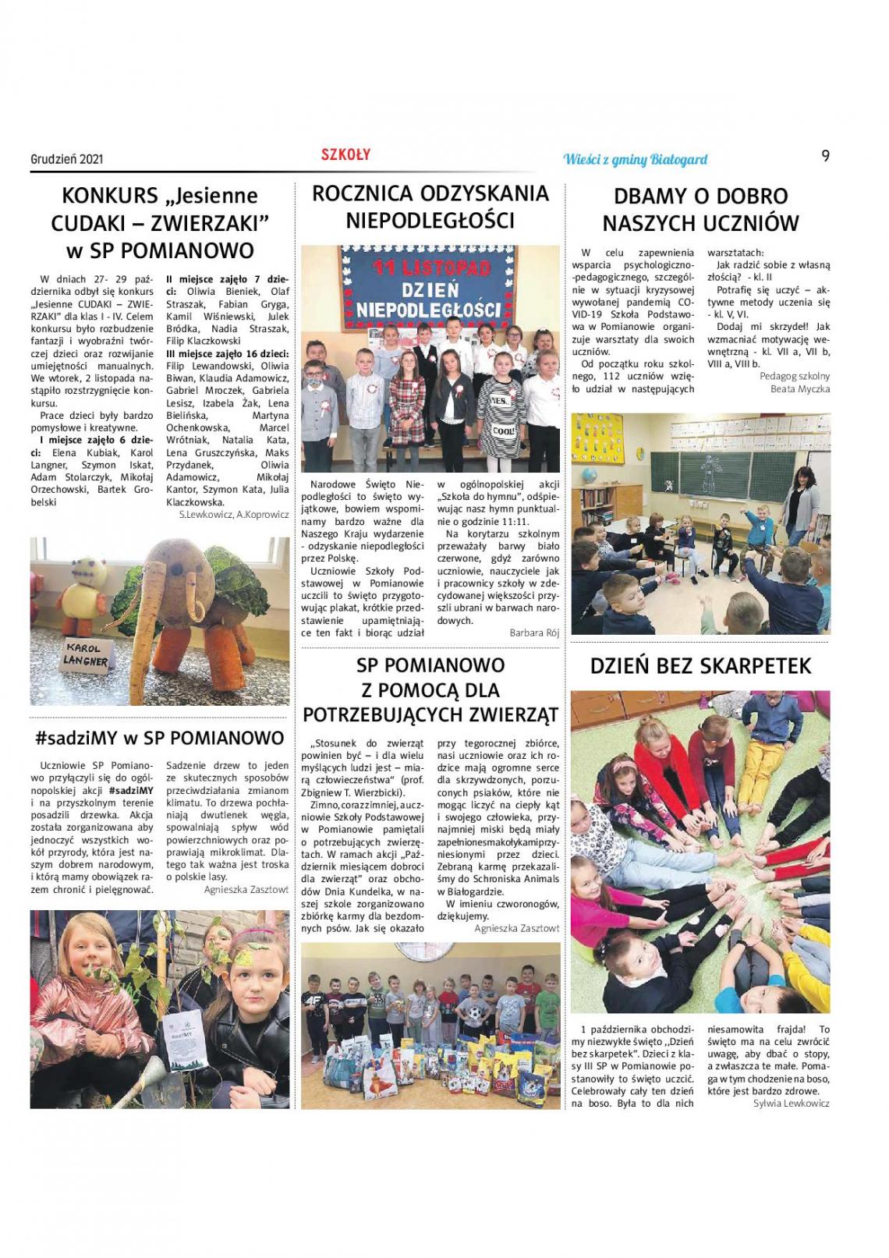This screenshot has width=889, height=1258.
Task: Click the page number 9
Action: (x=825, y=156)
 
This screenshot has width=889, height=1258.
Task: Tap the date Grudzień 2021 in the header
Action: (x=67, y=159)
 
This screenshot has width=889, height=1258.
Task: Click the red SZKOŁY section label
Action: (x=345, y=155)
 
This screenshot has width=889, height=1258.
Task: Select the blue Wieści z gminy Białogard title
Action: (x=635, y=160)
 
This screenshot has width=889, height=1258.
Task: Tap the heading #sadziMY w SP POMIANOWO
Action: (x=159, y=738)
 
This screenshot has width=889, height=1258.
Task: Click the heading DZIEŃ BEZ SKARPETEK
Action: (x=700, y=666)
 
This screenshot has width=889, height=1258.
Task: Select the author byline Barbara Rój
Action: (x=534, y=633)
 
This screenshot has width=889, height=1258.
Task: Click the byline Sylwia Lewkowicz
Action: (x=792, y=1103)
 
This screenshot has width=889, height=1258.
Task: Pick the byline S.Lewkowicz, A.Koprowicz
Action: (x=233, y=515)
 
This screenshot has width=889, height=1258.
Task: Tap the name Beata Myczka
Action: (x=800, y=388)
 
